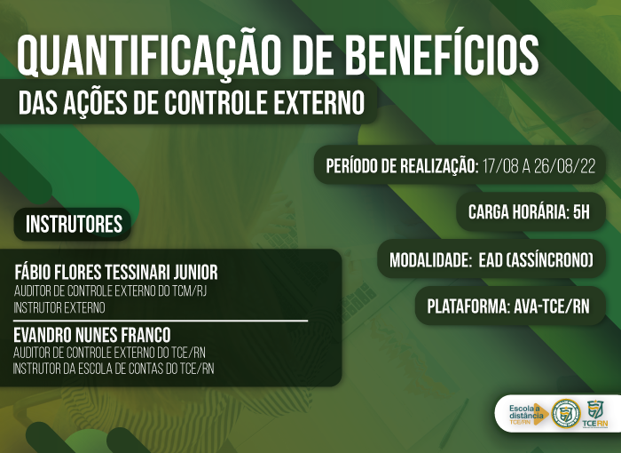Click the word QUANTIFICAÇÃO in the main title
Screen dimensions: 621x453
146,56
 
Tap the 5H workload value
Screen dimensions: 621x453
581,212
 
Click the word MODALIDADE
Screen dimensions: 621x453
429,260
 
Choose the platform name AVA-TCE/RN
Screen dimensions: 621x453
551,306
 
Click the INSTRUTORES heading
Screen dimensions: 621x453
74,224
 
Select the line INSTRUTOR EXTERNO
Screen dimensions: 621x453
59,308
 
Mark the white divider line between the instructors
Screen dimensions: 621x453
161,320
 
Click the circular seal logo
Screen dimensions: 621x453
566,413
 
